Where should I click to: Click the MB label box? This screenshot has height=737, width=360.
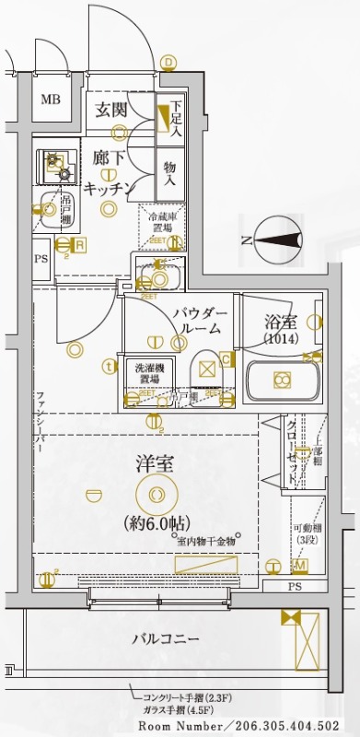[49, 99]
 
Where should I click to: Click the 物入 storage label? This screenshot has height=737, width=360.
[170, 174]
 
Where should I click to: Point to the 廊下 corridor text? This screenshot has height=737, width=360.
[109, 158]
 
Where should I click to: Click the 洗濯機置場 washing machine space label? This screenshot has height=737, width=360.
[144, 371]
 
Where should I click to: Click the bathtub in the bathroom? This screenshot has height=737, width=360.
[282, 379]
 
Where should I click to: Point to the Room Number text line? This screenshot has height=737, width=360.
[249, 726]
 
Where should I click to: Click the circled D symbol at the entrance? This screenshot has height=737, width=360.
[168, 62]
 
